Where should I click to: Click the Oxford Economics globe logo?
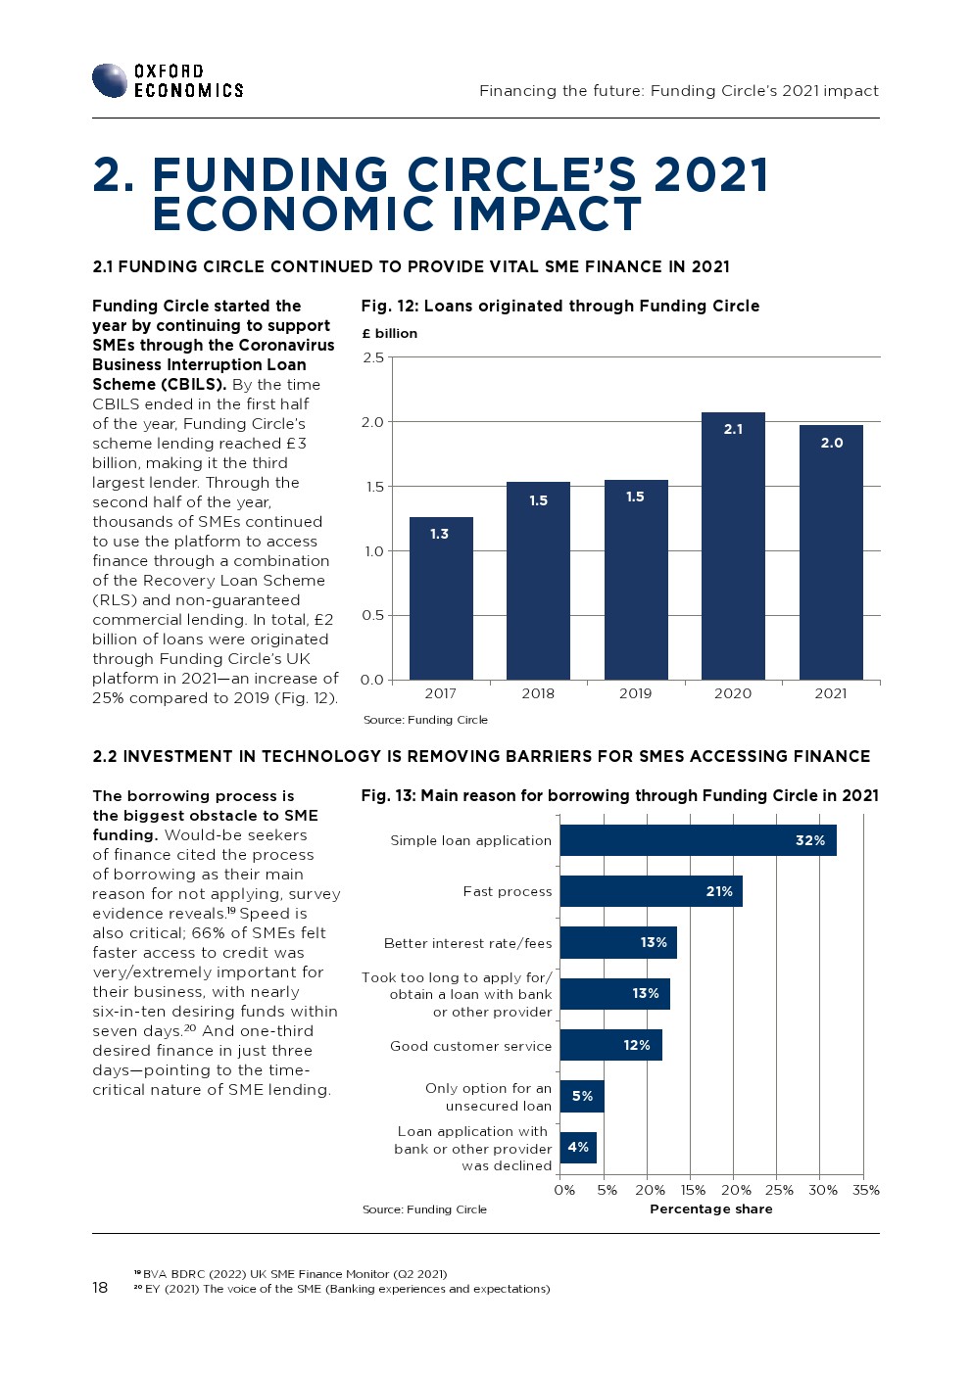click(x=110, y=80)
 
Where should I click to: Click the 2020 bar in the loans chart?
click(x=733, y=545)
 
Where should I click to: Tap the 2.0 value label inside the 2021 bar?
click(x=832, y=443)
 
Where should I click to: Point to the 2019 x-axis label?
click(x=635, y=693)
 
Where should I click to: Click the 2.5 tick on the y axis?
click(x=373, y=357)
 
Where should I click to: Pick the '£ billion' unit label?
click(x=389, y=333)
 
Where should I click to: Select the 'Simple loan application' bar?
click(x=698, y=840)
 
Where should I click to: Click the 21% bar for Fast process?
click(x=651, y=891)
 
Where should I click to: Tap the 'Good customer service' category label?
click(x=470, y=1046)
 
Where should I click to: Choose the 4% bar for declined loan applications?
click(x=578, y=1148)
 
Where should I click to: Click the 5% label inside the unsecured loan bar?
click(x=582, y=1096)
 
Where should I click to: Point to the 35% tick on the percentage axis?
click(x=866, y=1190)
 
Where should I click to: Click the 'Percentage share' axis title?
click(x=710, y=1208)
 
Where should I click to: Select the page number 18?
click(x=100, y=1287)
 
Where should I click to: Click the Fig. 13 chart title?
click(x=619, y=795)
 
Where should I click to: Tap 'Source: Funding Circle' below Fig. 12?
click(x=425, y=720)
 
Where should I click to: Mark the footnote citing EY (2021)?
click(x=343, y=1289)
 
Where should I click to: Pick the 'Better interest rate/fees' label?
click(x=467, y=943)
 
